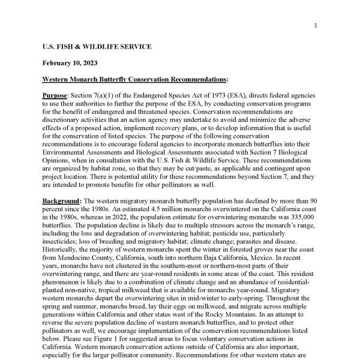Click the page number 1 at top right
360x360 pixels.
(316, 25)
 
